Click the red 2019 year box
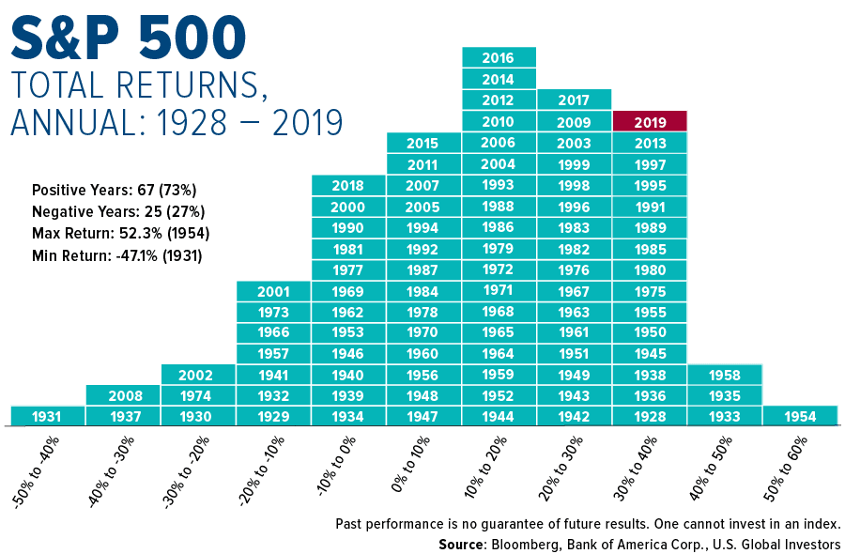click(650, 122)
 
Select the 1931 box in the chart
click(47, 416)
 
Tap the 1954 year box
click(800, 416)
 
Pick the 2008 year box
click(123, 395)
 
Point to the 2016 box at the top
click(499, 58)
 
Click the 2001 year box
click(273, 291)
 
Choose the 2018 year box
click(348, 186)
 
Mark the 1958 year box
click(725, 375)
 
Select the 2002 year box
click(198, 375)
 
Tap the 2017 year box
click(574, 100)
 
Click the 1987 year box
click(423, 270)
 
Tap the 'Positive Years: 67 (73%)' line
click(114, 189)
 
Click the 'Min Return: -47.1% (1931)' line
click(117, 255)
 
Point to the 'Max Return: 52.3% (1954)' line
click(120, 233)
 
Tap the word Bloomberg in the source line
click(535, 544)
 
